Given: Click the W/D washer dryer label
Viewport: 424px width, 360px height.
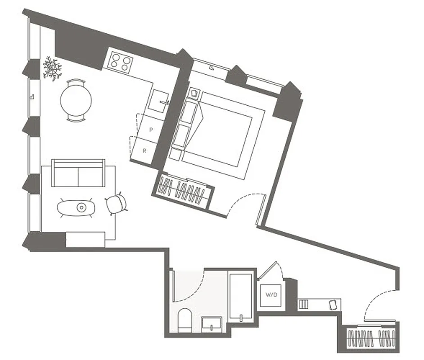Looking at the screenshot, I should point(271,295).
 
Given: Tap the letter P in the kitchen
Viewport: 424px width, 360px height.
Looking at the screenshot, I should point(151,130).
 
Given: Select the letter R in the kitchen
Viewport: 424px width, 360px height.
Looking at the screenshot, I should point(144,151).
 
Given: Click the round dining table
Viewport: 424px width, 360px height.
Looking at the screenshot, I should point(76,100).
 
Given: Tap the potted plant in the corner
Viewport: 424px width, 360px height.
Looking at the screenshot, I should point(52,69).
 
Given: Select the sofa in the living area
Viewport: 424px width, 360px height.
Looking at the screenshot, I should point(78,173).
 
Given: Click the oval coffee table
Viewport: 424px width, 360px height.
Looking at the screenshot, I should point(77,207).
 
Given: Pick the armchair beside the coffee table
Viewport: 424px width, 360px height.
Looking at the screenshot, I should point(115,203).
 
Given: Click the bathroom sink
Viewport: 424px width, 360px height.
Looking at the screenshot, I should point(212,323).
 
